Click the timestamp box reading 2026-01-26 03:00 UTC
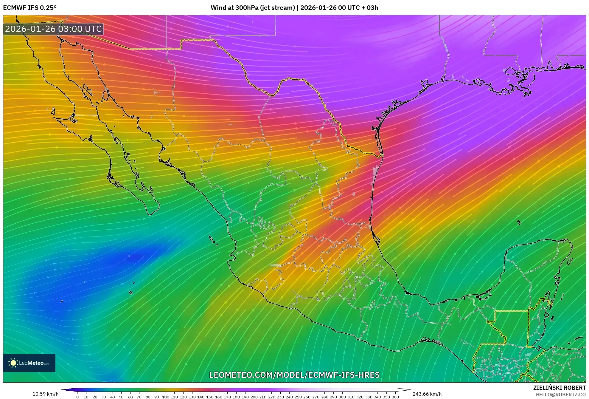pos(53,29)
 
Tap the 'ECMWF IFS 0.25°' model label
pos(30,8)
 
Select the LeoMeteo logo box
pos(29,363)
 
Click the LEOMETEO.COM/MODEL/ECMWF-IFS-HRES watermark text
pos(294,375)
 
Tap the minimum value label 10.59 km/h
pos(45,394)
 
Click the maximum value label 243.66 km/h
pos(427,394)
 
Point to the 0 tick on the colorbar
pos(77,397)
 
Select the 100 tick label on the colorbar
pos(165,397)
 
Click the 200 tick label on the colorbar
pos(254,397)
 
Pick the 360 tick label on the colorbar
pos(395,397)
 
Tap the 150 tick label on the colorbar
pos(209,397)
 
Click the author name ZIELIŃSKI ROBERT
pos(559,388)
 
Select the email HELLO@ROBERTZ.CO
pos(561,395)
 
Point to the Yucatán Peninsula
pos(536,268)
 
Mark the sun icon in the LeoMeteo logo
pos(13,363)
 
